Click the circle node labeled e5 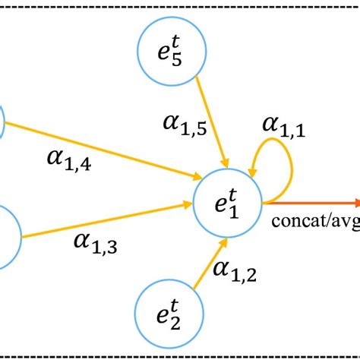point(170,54)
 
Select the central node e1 point(227,204)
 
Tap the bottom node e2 point(166,311)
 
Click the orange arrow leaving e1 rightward point(311,203)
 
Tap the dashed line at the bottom point(180,353)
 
